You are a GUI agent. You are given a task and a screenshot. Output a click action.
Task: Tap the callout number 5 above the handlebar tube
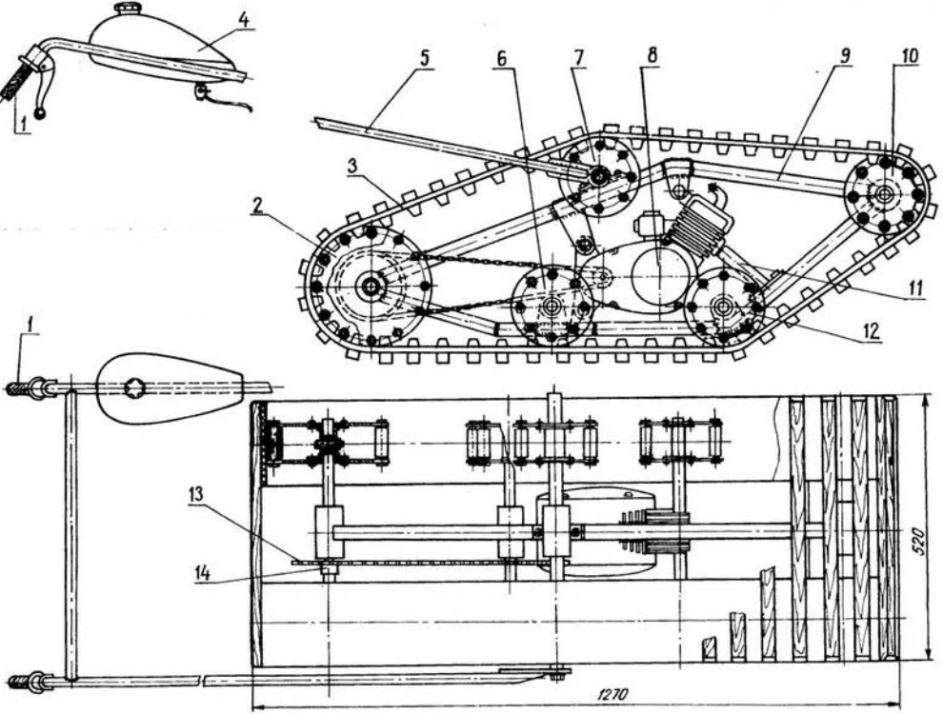(424, 58)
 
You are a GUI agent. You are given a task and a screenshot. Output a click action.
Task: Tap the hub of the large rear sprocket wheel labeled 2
(370, 286)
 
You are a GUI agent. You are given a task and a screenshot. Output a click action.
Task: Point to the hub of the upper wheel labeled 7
(599, 176)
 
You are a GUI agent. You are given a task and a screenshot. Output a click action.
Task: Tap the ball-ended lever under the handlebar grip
(40, 113)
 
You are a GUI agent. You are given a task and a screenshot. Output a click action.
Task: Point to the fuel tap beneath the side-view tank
(202, 91)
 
